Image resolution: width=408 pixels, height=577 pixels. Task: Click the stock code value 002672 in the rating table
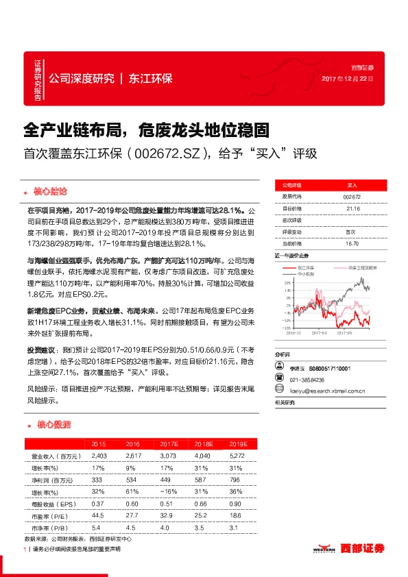[351, 197]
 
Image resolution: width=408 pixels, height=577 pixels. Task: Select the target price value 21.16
[351, 208]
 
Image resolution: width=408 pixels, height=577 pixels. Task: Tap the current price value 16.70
[351, 243]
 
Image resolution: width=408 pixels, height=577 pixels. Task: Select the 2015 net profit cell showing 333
[98, 480]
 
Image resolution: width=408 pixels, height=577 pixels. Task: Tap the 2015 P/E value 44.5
[98, 516]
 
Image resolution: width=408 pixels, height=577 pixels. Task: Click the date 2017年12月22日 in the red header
[348, 79]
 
